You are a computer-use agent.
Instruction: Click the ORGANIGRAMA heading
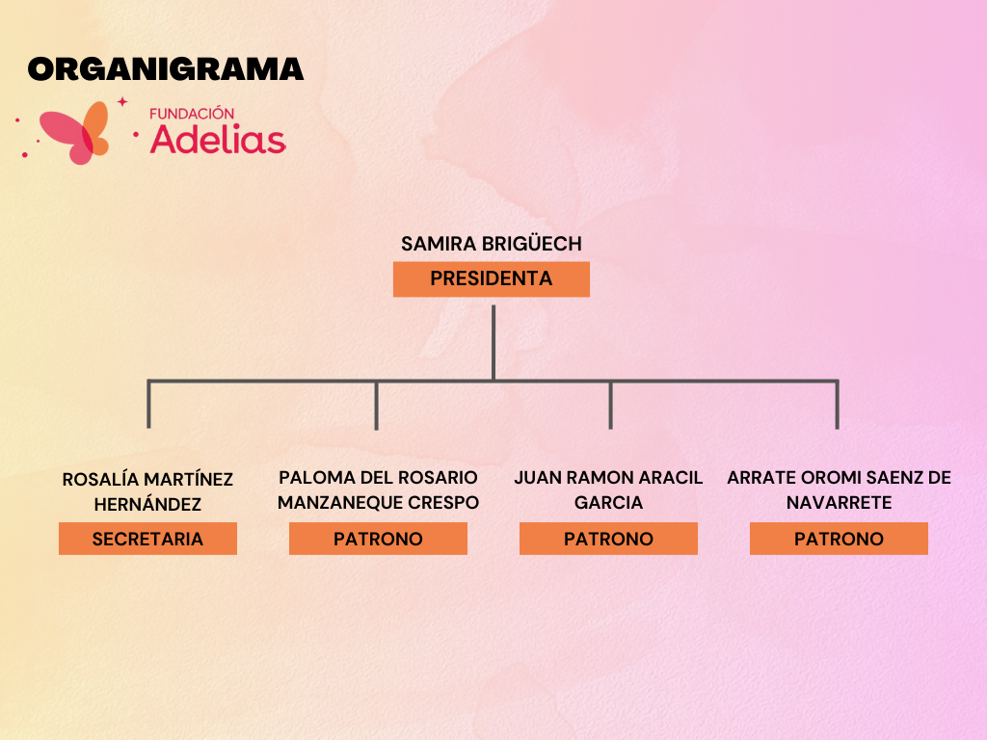point(166,69)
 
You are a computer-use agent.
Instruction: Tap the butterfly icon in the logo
point(74,132)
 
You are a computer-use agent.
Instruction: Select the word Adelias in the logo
point(218,139)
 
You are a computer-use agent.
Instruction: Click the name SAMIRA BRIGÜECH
point(492,244)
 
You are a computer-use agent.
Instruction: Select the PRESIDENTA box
point(492,278)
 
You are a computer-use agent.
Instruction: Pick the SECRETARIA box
point(147,539)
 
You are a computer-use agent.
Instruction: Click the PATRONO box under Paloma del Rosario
point(378,539)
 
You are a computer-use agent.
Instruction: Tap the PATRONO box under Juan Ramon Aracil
point(609,539)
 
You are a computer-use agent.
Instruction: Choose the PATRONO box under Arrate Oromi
point(840,539)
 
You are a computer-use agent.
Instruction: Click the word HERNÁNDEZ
point(147,503)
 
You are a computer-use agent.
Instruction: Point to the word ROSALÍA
point(100,479)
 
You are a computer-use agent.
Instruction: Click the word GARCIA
point(609,503)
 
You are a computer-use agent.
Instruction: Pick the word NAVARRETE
point(840,503)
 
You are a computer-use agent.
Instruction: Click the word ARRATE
point(761,478)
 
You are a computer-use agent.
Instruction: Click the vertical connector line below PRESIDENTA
point(493,343)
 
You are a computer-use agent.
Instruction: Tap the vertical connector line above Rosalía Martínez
point(148,404)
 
